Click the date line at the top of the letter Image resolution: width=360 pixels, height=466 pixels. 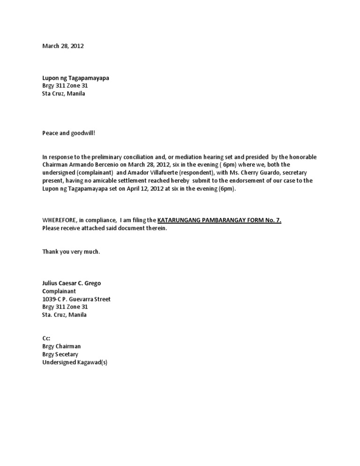coord(63,46)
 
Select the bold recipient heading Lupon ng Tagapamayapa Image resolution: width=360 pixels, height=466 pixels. coord(75,78)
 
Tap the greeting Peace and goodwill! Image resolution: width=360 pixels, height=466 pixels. coord(68,133)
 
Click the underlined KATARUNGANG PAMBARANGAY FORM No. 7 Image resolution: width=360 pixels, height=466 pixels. coord(219,220)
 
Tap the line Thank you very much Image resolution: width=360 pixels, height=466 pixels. coord(71,252)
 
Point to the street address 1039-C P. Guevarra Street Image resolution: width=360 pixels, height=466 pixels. coord(76,299)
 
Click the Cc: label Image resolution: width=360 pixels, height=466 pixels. coord(46,338)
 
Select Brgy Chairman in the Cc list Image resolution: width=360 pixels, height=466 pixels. coord(61,346)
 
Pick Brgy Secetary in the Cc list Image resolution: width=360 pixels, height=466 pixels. coord(60,354)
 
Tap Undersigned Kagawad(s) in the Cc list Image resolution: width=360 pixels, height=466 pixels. coord(75,362)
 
